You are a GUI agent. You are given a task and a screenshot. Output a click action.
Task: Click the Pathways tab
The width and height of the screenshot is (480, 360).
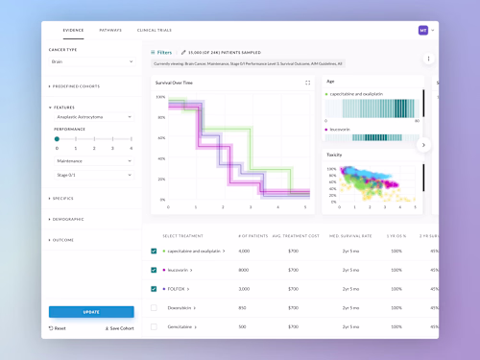[x=110, y=31]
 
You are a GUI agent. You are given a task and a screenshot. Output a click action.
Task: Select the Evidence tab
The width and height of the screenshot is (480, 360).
[x=73, y=31]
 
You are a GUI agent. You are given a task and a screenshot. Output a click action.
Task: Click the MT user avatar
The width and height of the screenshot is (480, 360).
[x=422, y=31]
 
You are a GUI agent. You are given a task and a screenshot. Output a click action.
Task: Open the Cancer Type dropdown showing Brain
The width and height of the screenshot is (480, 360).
[x=91, y=61]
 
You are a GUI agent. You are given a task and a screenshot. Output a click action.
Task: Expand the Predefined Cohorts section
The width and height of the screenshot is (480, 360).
[x=77, y=86]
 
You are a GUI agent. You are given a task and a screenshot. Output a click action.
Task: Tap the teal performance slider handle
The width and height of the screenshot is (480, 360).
[x=57, y=139]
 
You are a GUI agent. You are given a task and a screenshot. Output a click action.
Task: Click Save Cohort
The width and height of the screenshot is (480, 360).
[x=119, y=328]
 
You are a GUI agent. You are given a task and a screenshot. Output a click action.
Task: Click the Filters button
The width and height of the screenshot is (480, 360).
[x=161, y=52]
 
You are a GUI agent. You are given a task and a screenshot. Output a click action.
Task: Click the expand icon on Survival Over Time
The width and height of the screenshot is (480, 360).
[x=307, y=83]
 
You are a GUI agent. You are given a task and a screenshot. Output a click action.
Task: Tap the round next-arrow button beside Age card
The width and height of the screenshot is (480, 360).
[x=424, y=145]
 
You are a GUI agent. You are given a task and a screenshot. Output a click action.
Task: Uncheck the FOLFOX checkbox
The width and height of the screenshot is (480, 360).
[x=154, y=288]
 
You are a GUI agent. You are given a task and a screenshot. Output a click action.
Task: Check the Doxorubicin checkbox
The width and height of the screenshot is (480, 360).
[x=154, y=307]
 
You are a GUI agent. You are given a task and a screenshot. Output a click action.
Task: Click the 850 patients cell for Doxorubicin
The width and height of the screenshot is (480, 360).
[x=244, y=307]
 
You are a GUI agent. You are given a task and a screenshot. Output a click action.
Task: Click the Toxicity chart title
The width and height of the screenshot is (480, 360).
[x=335, y=154]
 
